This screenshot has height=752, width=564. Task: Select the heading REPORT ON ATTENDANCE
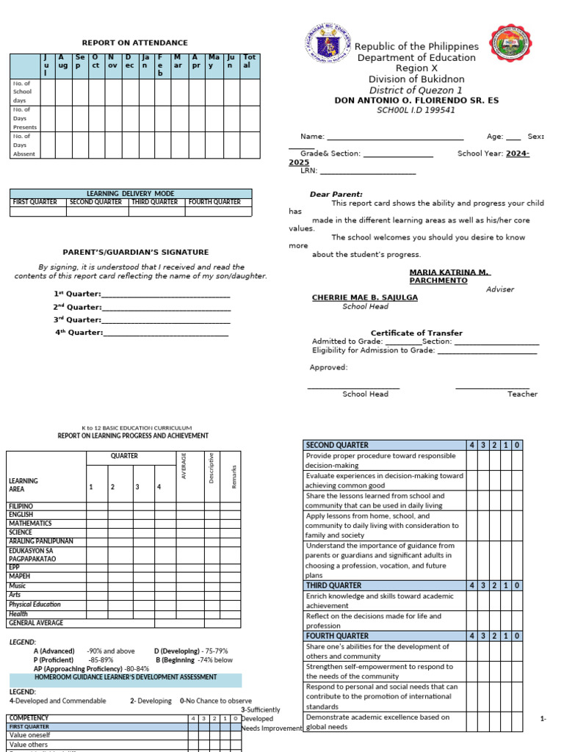click(134, 43)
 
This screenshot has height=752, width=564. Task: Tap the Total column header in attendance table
click(249, 61)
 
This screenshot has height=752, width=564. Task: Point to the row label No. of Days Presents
click(24, 118)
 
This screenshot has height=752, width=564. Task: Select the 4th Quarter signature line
click(166, 333)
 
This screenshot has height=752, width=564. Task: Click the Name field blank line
click(394, 137)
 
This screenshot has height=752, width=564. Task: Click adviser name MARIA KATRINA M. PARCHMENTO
click(449, 276)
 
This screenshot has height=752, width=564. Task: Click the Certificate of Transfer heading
click(416, 333)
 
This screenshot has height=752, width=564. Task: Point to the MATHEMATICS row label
click(30, 524)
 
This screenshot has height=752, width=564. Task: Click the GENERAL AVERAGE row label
click(36, 623)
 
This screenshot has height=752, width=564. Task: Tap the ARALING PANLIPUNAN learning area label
click(40, 541)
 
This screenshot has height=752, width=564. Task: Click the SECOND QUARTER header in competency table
click(338, 445)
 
